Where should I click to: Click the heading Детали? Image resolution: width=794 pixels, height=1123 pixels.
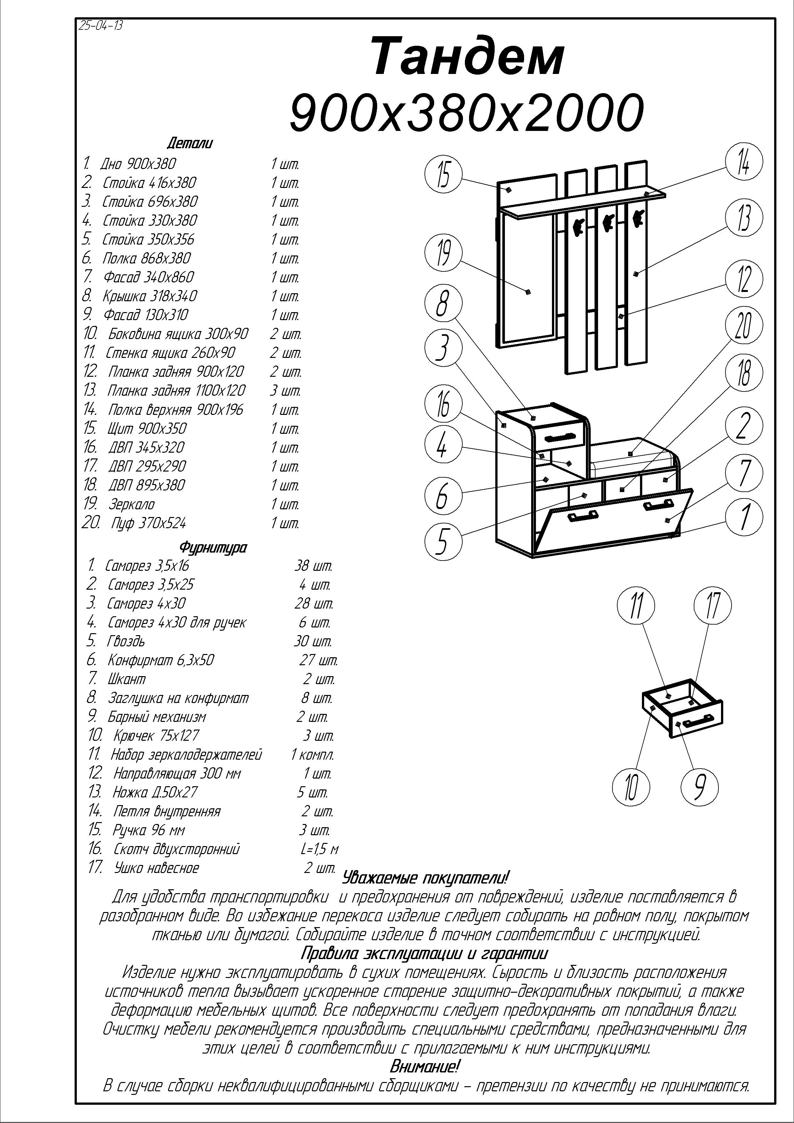click(190, 144)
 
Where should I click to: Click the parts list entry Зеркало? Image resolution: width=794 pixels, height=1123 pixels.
click(132, 504)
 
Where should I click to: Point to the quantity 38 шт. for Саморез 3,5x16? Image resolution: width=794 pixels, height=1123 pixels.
click(313, 566)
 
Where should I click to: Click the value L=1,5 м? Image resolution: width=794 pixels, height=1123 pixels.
click(319, 849)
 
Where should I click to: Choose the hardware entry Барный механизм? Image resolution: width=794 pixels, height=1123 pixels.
click(157, 717)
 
